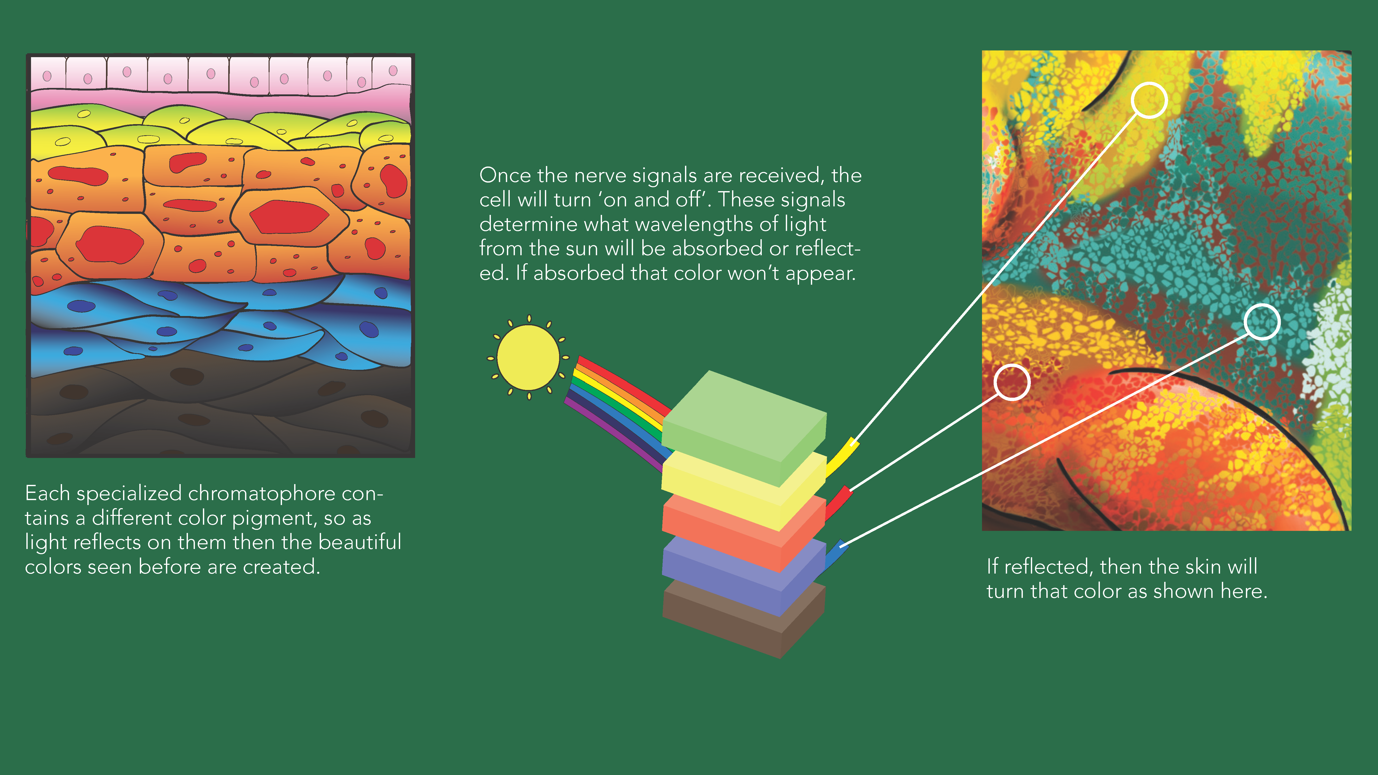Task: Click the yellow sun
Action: (529, 358)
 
